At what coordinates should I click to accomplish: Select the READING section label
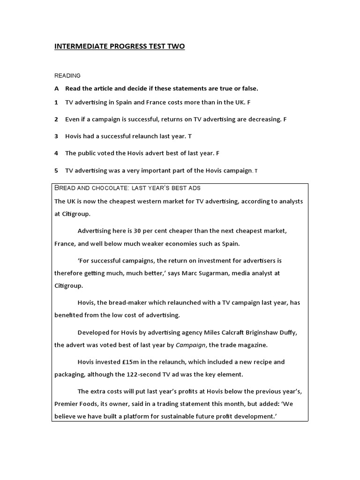(67, 75)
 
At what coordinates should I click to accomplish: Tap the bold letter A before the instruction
(57, 88)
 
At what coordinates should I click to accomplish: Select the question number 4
(56, 153)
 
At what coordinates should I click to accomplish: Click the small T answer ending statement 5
(256, 171)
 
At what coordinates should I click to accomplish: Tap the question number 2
(56, 119)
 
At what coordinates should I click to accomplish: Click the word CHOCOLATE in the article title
(111, 188)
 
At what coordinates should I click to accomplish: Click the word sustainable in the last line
(179, 416)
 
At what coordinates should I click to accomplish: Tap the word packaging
(70, 375)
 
